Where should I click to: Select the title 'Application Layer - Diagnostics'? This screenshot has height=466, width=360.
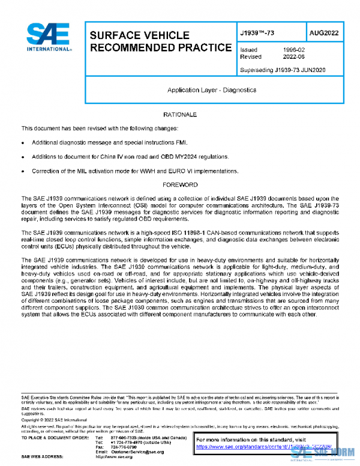(212, 90)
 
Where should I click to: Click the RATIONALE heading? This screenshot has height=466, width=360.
(180, 114)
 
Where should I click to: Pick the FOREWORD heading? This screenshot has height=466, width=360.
(180, 185)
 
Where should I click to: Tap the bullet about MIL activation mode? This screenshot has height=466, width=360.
(135, 171)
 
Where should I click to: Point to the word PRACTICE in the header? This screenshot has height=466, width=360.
(202, 47)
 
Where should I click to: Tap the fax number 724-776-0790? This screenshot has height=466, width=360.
(124, 447)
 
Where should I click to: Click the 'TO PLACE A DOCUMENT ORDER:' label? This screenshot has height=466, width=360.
(56, 437)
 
